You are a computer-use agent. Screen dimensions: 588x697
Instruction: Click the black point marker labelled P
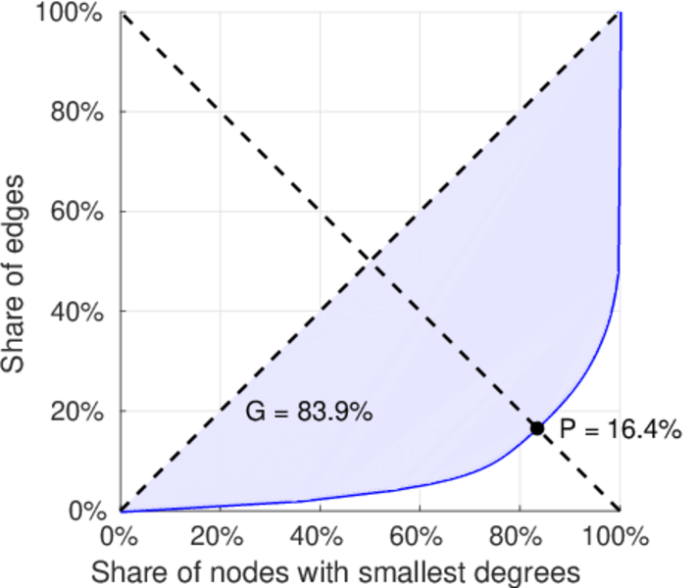537,428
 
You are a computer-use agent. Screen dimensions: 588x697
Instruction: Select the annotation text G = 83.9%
308,413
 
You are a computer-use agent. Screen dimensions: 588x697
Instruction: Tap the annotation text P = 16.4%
620,429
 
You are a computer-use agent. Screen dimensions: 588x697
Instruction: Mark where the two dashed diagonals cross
370,261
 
